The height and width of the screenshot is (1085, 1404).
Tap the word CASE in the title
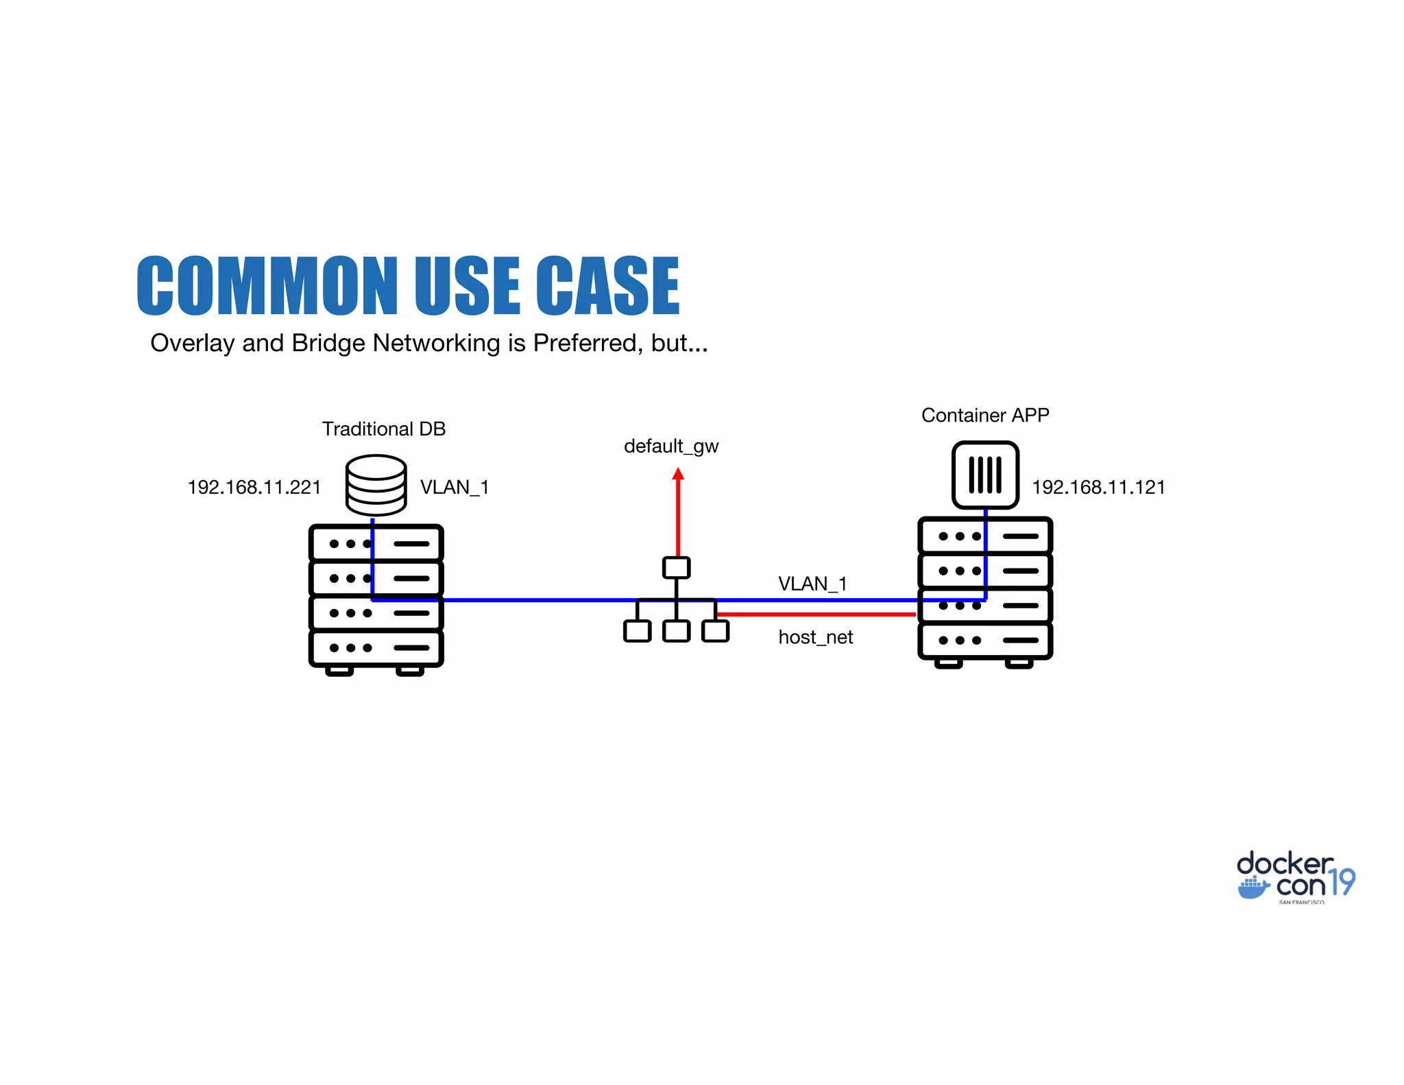coord(607,286)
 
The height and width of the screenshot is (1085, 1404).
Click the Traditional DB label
coord(384,429)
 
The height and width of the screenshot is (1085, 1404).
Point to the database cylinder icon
coord(376,485)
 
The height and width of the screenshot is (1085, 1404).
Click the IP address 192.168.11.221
coord(254,488)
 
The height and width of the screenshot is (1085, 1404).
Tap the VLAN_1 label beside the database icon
coord(455,488)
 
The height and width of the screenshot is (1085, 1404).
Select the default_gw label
coord(671,446)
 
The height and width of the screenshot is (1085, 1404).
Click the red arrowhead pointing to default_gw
coord(678,474)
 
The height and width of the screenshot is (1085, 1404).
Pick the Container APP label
coord(985,416)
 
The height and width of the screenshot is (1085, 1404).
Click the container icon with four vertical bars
coord(985,475)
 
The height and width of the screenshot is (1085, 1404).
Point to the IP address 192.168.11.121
coord(1098,488)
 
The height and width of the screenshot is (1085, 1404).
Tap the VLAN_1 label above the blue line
coord(812,584)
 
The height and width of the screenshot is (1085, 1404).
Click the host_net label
coord(815,638)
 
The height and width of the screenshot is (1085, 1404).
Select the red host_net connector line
coord(816,615)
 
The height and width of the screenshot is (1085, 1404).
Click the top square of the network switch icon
coord(677,568)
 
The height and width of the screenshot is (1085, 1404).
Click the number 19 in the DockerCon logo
coord(1342,882)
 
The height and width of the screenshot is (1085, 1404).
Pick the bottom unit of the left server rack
coord(376,648)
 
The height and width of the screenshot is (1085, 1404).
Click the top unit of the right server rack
coord(985,536)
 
